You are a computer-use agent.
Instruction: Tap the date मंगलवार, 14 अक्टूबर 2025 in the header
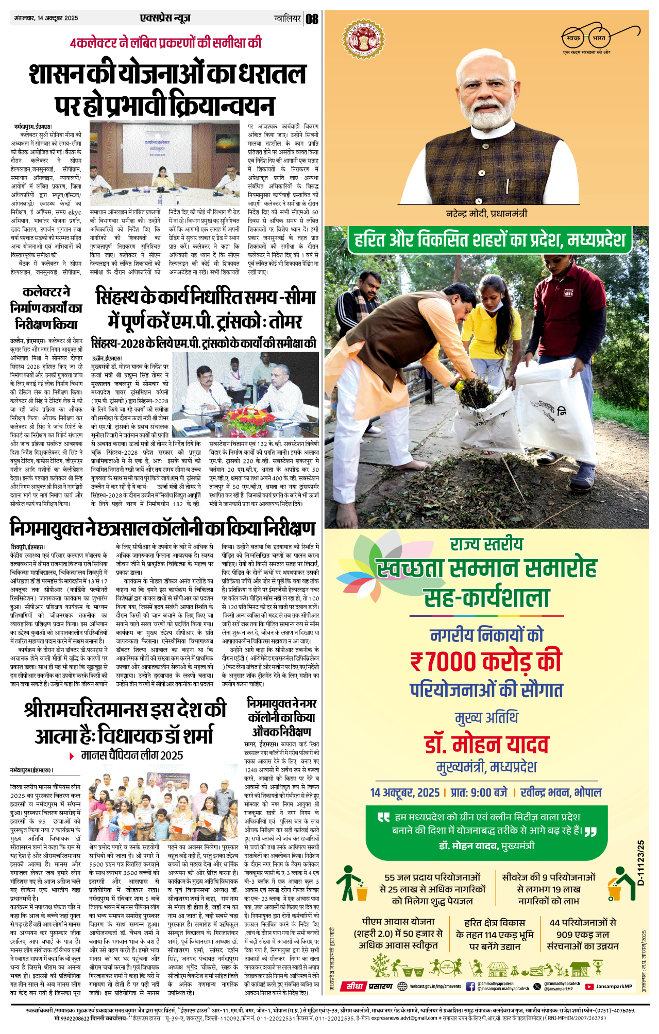46,18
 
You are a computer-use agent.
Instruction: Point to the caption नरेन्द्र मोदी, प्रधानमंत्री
486,214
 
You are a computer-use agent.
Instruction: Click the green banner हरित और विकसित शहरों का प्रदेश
487,240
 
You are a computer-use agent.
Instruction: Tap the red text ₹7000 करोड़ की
486,662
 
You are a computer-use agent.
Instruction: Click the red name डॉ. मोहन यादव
486,745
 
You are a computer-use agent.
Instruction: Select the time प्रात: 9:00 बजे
479,792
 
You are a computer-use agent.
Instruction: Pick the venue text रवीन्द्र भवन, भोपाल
561,792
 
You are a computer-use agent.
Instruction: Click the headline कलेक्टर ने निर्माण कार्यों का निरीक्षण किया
46,308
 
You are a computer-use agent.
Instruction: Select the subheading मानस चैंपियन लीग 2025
132,755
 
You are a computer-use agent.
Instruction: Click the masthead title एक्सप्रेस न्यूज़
165,18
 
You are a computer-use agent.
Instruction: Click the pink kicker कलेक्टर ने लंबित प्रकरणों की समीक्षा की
166,43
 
